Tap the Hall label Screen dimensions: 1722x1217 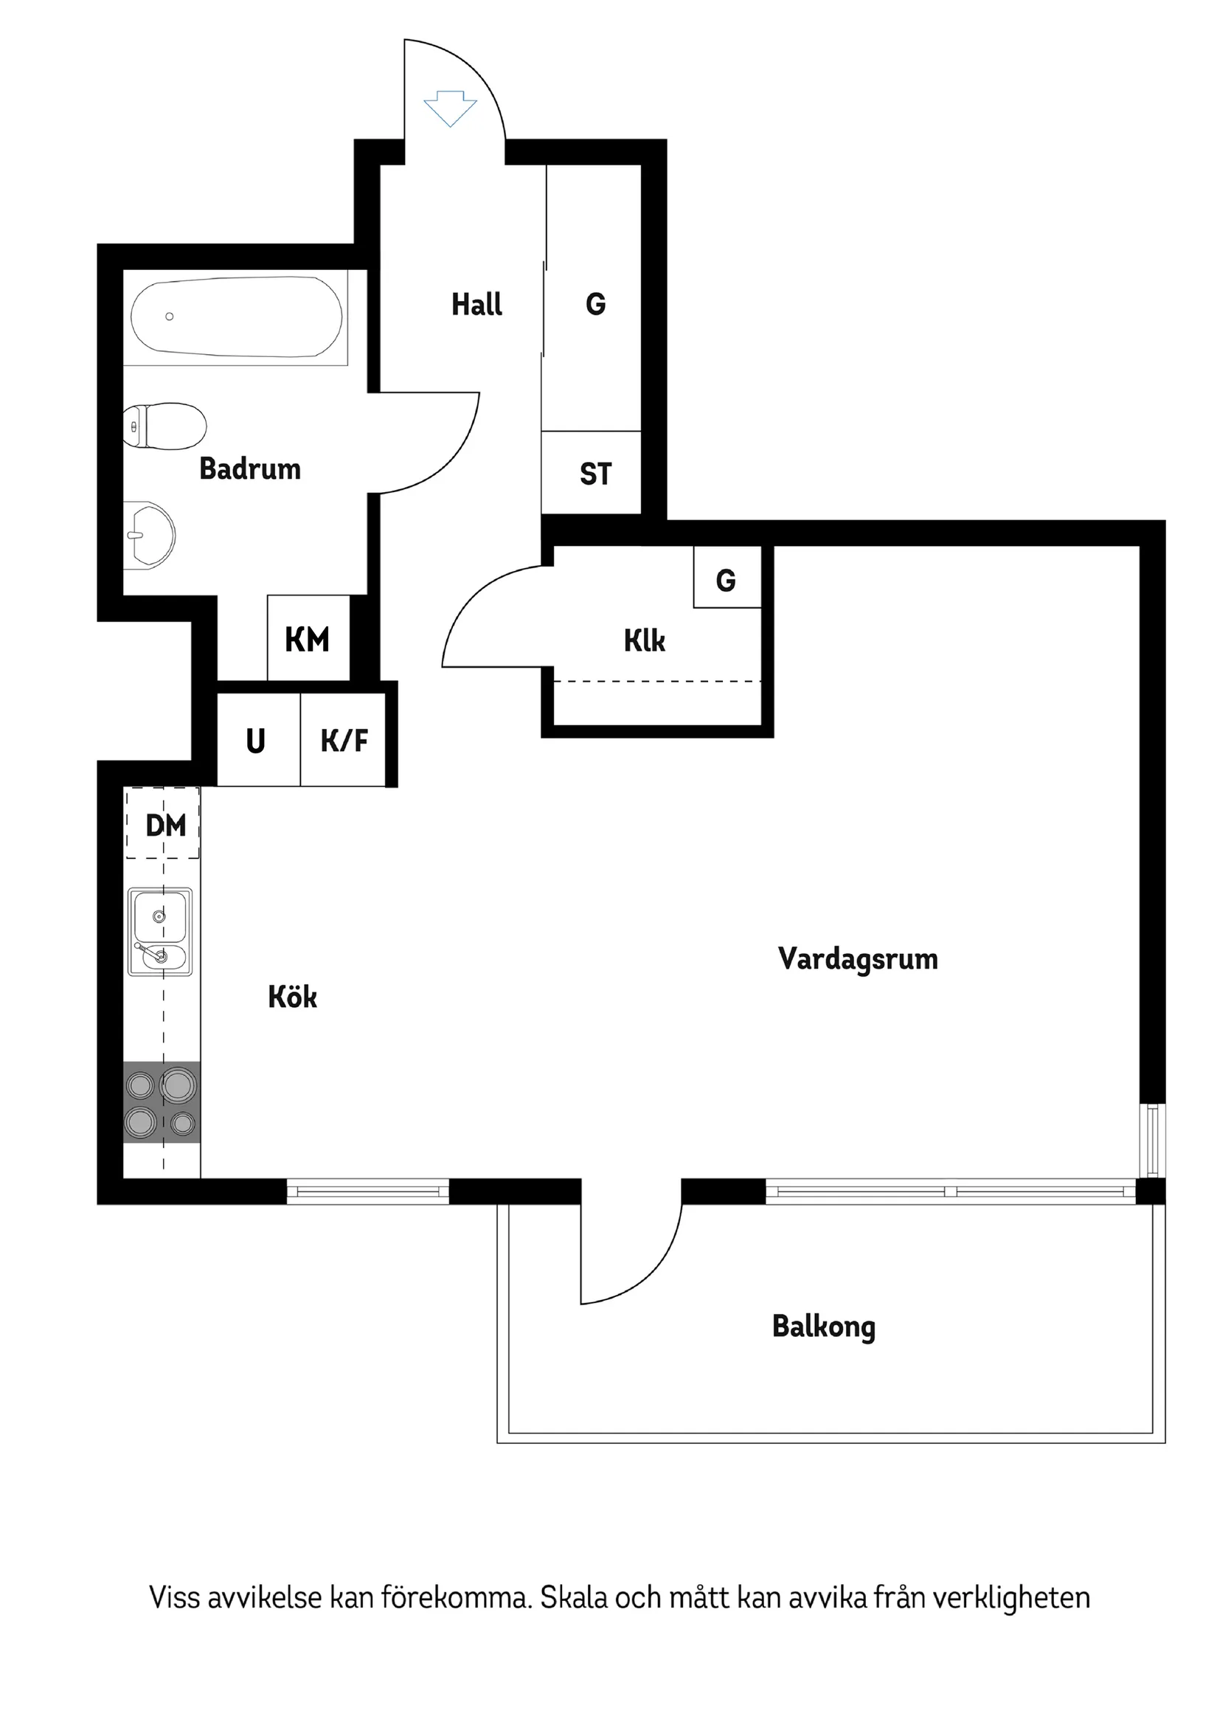477,305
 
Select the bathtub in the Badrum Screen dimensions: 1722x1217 236,317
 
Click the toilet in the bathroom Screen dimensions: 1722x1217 167,426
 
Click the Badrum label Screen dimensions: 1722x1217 250,468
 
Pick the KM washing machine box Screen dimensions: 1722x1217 308,639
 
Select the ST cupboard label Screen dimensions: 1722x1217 595,474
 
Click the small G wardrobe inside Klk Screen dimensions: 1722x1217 727,579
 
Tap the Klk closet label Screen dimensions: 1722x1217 645,640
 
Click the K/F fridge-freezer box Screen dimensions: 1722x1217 344,740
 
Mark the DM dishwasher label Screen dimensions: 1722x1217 166,826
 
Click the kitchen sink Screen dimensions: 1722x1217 160,933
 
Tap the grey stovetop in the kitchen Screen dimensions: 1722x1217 162,1102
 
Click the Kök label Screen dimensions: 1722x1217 292,997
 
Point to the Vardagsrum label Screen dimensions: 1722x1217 858,959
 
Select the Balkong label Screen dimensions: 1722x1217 823,1326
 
